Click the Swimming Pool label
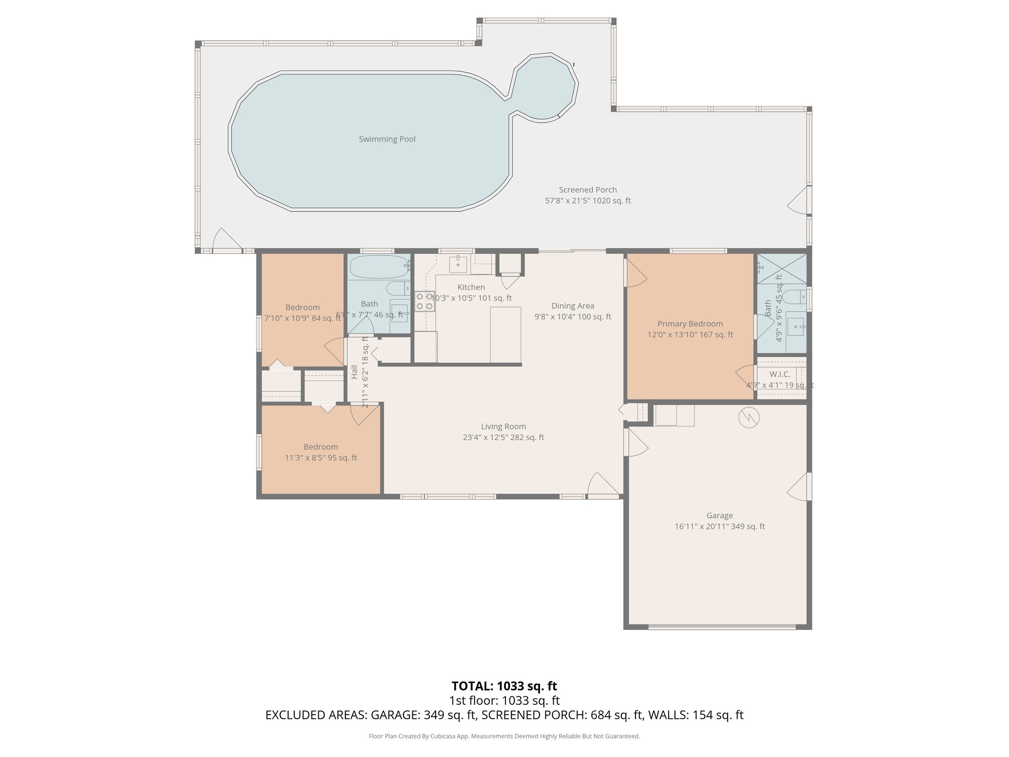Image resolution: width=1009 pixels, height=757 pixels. pyautogui.click(x=387, y=139)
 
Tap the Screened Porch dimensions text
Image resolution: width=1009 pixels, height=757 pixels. pyautogui.click(x=587, y=201)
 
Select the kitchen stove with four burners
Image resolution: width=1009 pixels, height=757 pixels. pyautogui.click(x=424, y=301)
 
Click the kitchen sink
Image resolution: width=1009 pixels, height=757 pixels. pyautogui.click(x=458, y=263)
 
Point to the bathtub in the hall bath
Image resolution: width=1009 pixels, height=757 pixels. pyautogui.click(x=378, y=267)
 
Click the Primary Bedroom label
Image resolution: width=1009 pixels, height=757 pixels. pyautogui.click(x=690, y=324)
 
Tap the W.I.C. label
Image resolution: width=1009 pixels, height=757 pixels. pyautogui.click(x=779, y=375)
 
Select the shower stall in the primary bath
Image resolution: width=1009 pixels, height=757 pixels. pyautogui.click(x=782, y=269)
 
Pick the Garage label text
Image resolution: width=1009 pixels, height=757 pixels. pyautogui.click(x=719, y=516)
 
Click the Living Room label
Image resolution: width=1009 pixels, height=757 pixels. pyautogui.click(x=503, y=426)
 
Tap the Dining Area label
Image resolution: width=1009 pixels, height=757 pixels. pyautogui.click(x=572, y=306)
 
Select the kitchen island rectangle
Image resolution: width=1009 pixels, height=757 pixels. pyautogui.click(x=505, y=335)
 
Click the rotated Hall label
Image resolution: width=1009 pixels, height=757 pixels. pyautogui.click(x=354, y=372)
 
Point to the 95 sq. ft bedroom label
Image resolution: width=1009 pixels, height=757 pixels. pyautogui.click(x=321, y=447)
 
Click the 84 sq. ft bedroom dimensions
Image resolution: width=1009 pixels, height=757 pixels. pyautogui.click(x=303, y=318)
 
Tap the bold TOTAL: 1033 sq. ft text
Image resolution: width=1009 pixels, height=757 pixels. pyautogui.click(x=504, y=686)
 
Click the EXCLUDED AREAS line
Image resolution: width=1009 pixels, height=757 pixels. pyautogui.click(x=504, y=715)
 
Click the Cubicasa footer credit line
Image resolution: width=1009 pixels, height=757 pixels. pyautogui.click(x=504, y=736)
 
